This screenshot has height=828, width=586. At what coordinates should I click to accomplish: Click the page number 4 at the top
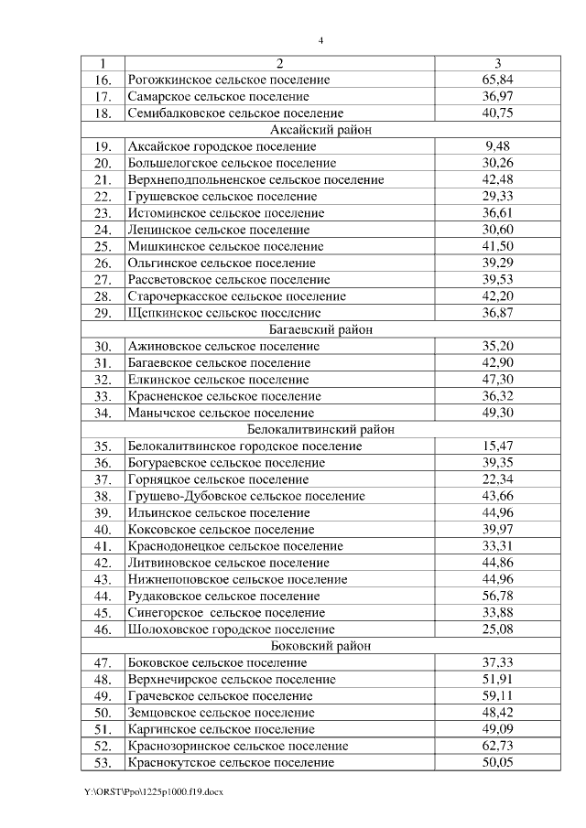click(320, 39)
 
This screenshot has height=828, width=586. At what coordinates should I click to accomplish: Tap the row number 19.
click(102, 146)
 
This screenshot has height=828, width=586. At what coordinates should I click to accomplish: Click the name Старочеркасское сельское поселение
click(237, 296)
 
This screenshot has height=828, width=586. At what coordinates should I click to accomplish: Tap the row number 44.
click(102, 597)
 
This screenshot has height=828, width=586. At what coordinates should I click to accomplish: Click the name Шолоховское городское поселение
click(232, 629)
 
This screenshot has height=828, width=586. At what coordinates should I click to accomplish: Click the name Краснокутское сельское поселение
click(231, 763)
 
